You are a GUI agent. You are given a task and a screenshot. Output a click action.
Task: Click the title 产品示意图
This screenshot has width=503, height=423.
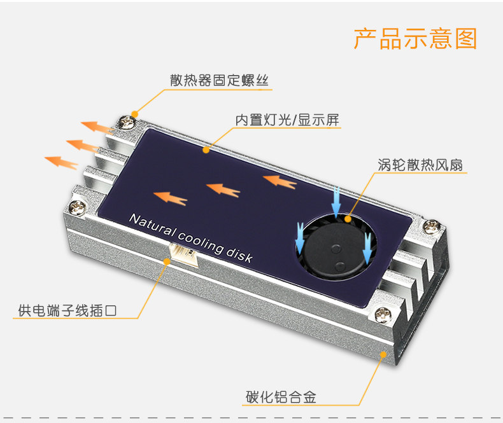tap(415, 39)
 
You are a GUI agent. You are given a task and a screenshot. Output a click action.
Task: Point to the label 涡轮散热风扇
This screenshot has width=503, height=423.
tap(420, 165)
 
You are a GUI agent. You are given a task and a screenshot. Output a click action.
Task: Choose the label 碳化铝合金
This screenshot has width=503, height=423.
tap(281, 398)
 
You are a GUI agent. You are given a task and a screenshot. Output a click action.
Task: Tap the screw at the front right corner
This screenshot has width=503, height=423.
tap(383, 313)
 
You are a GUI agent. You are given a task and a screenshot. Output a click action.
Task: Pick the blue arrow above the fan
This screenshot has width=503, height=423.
tap(336, 198)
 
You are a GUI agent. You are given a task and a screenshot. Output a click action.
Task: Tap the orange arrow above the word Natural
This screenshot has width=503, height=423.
tap(171, 198)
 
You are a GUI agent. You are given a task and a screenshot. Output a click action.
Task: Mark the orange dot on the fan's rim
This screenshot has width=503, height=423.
tap(348, 218)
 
